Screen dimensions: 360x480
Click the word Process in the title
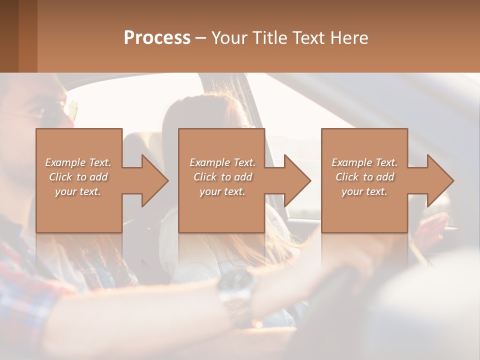click(157, 38)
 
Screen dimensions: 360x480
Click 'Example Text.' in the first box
click(78, 162)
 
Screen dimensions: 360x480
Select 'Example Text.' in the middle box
click(222, 162)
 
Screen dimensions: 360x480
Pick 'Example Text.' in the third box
click(364, 162)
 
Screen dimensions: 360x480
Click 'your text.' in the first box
click(78, 191)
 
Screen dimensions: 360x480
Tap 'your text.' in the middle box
click(222, 191)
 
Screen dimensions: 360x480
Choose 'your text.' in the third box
click(364, 191)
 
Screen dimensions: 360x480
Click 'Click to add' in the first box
click(78, 177)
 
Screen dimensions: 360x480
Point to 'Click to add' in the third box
click(364, 177)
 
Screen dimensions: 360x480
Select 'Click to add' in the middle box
click(222, 177)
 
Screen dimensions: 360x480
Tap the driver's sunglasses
click(55, 112)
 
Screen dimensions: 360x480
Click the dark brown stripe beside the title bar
click(9, 36)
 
